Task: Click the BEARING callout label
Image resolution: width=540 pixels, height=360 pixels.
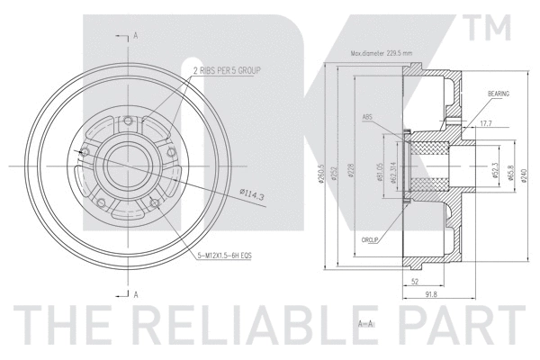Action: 499,94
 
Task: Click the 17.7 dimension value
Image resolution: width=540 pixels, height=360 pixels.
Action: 486,122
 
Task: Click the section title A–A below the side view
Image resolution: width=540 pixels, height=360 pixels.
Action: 365,321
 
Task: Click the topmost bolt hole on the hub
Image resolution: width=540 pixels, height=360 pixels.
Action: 129,122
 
